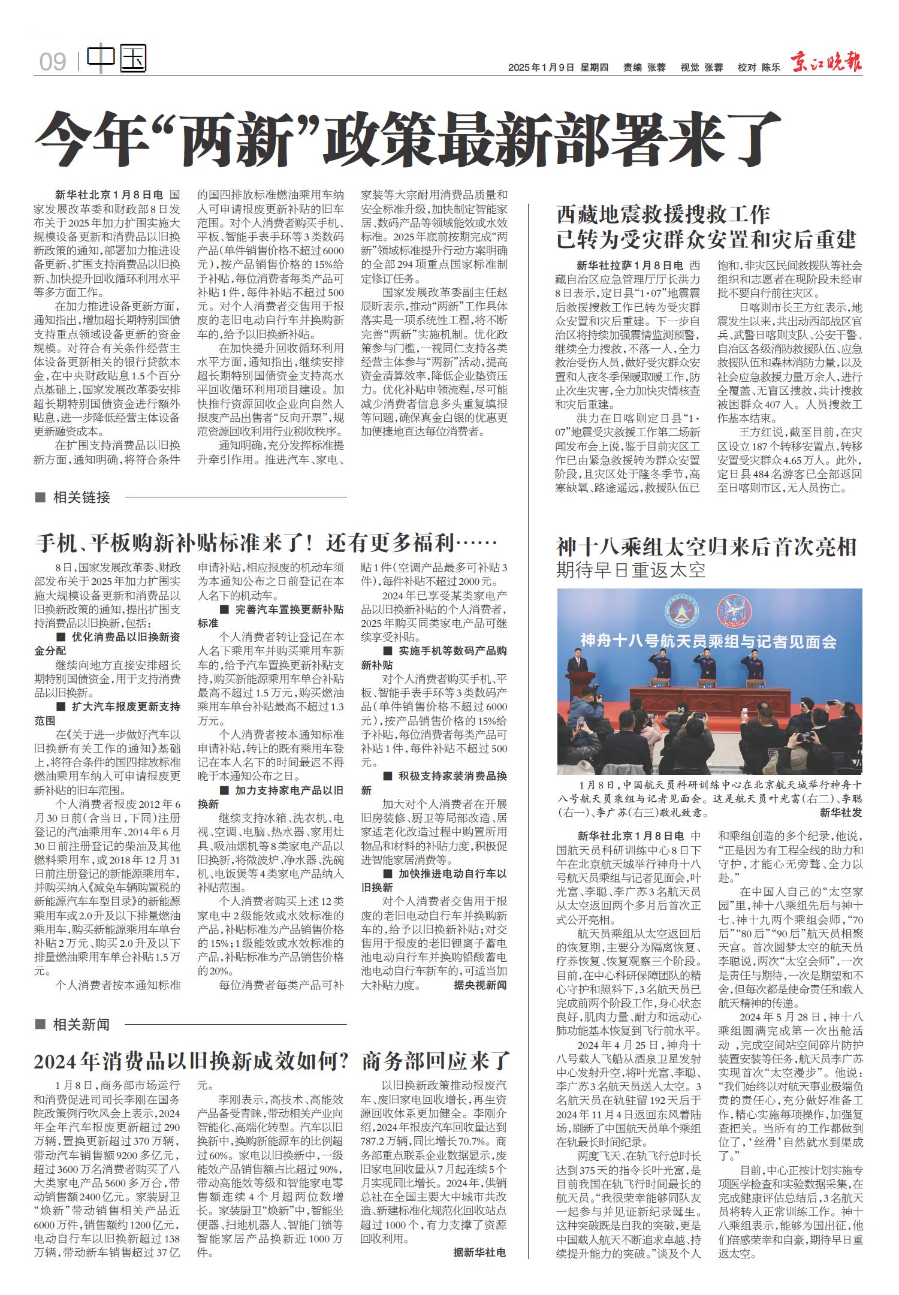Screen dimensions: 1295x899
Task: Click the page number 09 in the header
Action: (53, 62)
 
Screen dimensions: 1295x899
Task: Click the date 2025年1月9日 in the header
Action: (541, 68)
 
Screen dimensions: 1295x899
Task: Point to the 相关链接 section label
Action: (81, 497)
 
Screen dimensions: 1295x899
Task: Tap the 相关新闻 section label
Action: (81, 1025)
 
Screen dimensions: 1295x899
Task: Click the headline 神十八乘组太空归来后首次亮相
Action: (707, 547)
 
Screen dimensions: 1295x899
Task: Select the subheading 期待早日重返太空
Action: (631, 569)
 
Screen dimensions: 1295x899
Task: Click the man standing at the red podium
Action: (575, 666)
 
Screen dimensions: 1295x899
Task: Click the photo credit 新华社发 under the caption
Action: (840, 813)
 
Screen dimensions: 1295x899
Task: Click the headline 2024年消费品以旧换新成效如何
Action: (192, 1062)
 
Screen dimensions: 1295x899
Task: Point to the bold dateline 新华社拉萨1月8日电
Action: (630, 265)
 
